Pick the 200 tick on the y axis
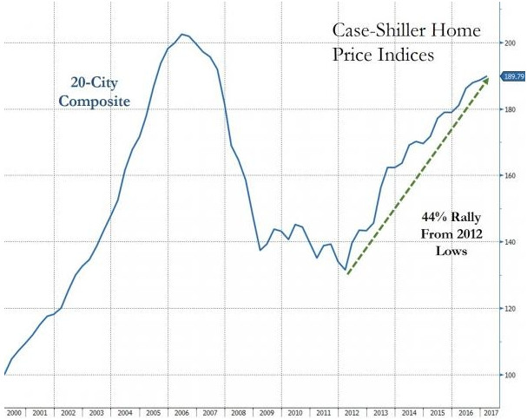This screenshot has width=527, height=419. coord(510,42)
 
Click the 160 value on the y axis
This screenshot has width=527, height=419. coord(510,175)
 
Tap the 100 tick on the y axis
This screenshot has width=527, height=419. coord(510,375)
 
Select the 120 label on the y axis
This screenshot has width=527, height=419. coord(510,309)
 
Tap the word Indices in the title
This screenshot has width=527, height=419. coord(407,54)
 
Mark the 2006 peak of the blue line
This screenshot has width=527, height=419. coord(181,35)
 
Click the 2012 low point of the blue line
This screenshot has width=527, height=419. coord(346,270)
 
